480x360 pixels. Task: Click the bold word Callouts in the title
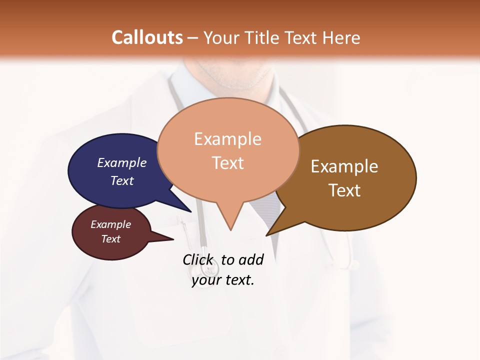click(x=147, y=37)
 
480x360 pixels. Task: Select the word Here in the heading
click(x=341, y=37)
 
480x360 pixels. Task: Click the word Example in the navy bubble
click(x=122, y=162)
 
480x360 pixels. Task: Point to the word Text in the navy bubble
click(x=122, y=180)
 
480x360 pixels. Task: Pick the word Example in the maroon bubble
click(x=110, y=224)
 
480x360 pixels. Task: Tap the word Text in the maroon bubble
click(x=110, y=239)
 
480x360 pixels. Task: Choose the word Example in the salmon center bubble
click(x=227, y=139)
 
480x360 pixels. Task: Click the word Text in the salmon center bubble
click(x=227, y=163)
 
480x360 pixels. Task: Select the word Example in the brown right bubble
click(x=344, y=166)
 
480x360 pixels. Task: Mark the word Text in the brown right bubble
click(x=344, y=190)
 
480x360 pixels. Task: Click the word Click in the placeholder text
click(x=197, y=259)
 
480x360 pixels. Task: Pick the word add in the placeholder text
click(x=251, y=259)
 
